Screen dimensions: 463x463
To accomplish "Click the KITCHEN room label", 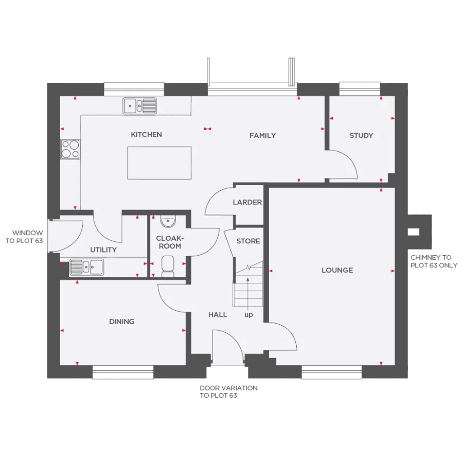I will [146, 135].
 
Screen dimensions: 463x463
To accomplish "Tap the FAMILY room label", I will [262, 136].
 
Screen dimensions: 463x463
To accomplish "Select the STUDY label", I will [361, 136].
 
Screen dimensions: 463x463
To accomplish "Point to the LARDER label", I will [247, 202].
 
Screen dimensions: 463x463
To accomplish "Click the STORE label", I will [248, 241].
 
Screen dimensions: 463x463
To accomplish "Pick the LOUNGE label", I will [337, 270].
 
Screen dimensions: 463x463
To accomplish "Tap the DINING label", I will [122, 322].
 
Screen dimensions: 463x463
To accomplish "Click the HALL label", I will [218, 314].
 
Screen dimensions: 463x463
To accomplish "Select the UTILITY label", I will [103, 250].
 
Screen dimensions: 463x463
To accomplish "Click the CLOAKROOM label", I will [169, 242].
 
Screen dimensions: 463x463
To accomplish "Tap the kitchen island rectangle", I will [159, 163].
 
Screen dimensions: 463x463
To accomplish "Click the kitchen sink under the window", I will [139, 106].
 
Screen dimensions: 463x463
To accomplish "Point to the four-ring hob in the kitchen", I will [70, 149].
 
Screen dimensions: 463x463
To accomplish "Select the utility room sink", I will [86, 267].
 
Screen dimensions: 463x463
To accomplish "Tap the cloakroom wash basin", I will [168, 222].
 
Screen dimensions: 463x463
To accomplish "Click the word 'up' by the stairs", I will [248, 315].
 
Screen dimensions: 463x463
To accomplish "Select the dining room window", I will [123, 372].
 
